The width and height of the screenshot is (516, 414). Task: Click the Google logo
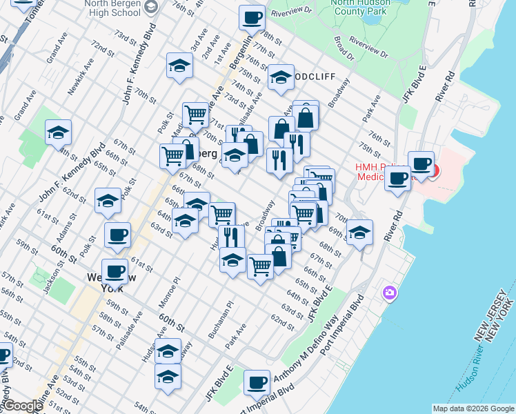click(x=22, y=406)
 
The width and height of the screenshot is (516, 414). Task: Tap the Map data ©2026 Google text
click(x=473, y=408)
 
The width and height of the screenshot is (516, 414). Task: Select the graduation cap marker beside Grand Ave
click(x=58, y=132)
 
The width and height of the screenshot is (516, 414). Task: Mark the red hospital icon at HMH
click(x=433, y=169)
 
